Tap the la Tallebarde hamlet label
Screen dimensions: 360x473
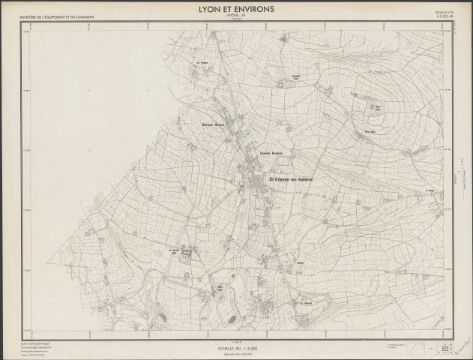305,303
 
